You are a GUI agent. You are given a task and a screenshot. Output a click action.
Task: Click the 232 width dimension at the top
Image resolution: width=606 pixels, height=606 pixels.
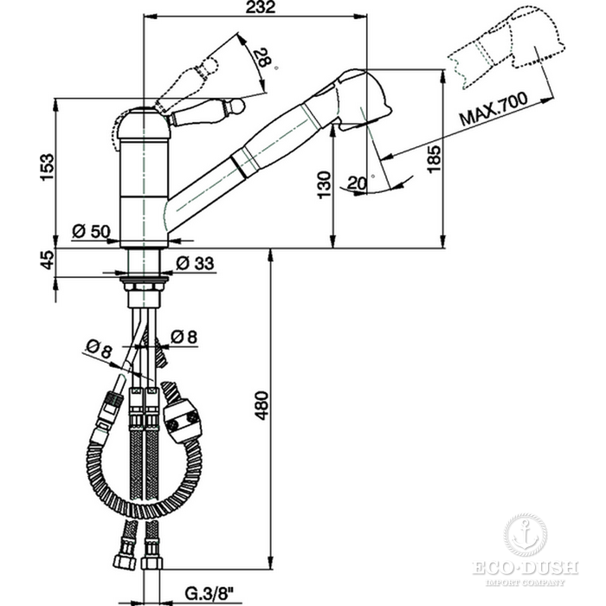[261, 7]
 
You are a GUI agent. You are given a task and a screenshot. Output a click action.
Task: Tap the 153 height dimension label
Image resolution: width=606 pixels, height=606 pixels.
[47, 166]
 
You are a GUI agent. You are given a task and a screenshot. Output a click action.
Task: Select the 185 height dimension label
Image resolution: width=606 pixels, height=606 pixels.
[434, 158]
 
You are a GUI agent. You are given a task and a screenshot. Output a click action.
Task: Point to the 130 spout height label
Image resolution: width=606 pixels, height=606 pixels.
[324, 185]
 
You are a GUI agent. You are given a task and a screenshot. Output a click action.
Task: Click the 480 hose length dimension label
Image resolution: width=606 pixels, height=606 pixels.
[261, 405]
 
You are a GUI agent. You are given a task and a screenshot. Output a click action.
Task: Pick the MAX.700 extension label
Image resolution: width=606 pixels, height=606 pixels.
[493, 108]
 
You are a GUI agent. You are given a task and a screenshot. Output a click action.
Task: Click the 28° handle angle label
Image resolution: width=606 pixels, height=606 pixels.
[265, 58]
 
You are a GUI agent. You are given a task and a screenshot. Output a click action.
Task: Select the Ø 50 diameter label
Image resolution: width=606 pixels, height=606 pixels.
[91, 231]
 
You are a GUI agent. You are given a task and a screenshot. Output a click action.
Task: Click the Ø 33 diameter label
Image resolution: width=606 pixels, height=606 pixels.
[195, 263]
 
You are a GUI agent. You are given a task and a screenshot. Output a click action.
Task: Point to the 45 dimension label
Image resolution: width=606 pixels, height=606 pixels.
[47, 260]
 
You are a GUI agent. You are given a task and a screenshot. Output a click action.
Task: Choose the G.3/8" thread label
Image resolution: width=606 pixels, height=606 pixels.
[210, 592]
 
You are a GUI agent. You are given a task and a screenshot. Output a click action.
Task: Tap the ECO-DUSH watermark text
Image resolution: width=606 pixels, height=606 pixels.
[525, 568]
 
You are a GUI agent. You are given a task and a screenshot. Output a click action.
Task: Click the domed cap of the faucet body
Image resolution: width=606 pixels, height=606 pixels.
[144, 124]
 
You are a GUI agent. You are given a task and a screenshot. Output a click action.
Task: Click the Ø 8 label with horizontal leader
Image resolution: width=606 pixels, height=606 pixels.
[184, 337]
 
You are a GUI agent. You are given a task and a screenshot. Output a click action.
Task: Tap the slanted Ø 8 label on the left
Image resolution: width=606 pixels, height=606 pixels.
[99, 349]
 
